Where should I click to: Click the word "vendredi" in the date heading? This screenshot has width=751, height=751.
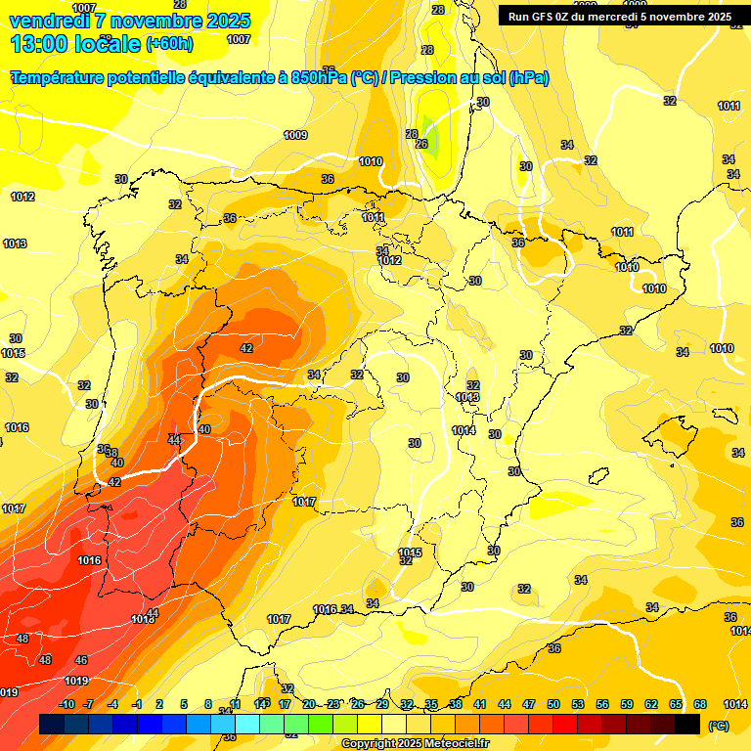coord(50,21)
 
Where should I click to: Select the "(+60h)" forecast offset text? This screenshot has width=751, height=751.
coord(169,44)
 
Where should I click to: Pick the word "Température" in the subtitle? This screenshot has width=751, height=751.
coord(61,78)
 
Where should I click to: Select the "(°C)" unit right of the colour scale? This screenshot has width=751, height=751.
coord(718,726)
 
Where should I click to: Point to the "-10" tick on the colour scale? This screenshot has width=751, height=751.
coord(66,704)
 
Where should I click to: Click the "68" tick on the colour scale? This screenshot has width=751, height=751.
coord(700,704)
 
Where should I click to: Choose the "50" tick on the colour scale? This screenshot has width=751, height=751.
coord(553,704)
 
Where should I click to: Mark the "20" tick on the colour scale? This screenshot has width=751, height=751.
coord(309,704)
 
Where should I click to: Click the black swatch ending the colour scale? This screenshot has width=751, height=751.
coord(687,724)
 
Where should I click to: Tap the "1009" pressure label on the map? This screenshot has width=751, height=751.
coord(295,135)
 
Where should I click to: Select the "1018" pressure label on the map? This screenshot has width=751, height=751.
coord(143,618)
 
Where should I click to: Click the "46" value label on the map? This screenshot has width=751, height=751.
coord(81,660)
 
